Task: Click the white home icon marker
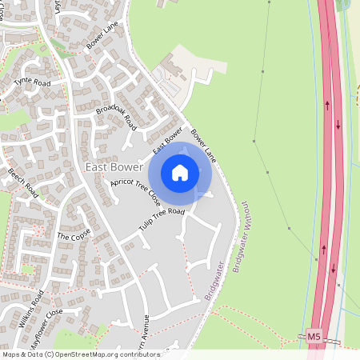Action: (180, 172)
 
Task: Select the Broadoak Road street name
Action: (116, 117)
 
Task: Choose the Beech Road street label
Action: (23, 182)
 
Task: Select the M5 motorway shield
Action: (315, 338)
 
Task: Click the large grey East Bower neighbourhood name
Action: (113, 167)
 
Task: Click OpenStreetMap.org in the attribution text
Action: (85, 354)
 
